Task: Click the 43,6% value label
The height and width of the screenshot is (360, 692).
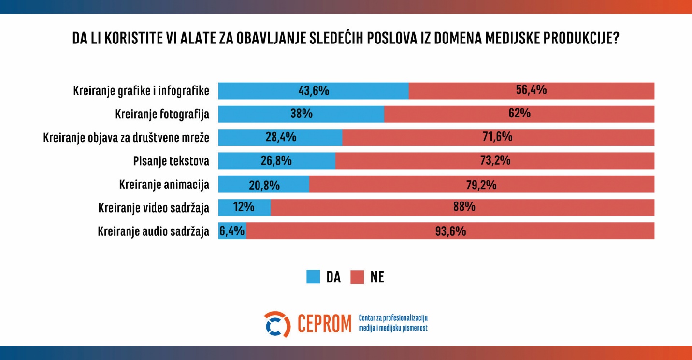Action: [x=313, y=90]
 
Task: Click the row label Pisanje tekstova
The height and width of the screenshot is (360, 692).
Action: [x=171, y=161]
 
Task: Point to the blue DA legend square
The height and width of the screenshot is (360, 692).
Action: [x=313, y=277]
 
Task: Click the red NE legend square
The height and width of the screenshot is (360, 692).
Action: [x=357, y=277]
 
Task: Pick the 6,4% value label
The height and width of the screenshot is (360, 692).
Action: [x=232, y=231]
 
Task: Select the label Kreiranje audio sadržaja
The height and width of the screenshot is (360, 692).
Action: [x=153, y=231]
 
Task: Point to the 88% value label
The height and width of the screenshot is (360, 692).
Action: [x=464, y=207]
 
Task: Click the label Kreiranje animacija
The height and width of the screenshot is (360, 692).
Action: [x=164, y=185]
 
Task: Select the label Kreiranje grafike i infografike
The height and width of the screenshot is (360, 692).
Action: [x=141, y=90]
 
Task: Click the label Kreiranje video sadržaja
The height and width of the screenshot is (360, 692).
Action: [x=154, y=208]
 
